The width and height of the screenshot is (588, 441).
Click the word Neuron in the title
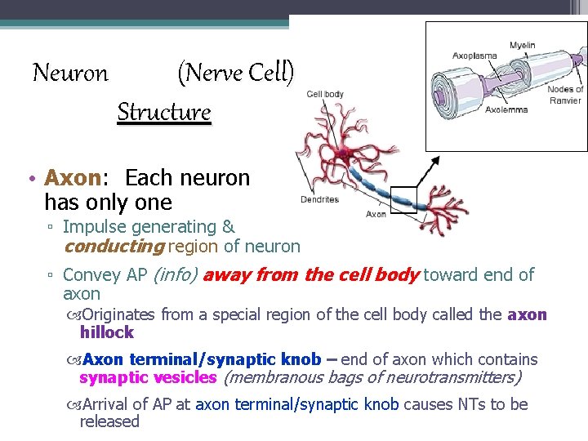tap(70, 73)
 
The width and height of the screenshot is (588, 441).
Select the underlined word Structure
tap(164, 112)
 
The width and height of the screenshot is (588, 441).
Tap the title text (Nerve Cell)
tap(235, 73)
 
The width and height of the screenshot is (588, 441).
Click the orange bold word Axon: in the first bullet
tap(79, 178)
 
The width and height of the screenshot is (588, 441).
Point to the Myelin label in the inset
tap(523, 45)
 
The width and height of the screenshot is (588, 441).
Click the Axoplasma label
tap(474, 56)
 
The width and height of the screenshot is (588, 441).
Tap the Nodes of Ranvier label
tap(565, 94)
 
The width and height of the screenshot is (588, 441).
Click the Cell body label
tap(325, 94)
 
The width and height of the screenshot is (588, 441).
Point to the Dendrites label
tap(319, 199)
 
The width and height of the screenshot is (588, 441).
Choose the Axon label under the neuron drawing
tap(376, 214)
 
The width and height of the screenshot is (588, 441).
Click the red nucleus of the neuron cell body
tap(344, 153)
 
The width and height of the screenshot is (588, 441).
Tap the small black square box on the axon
tap(403, 199)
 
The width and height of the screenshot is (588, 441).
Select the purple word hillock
tap(106, 332)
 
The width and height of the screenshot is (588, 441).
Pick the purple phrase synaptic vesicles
tap(148, 377)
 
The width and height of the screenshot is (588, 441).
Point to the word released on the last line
tap(109, 421)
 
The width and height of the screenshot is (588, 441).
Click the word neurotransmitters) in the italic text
tap(457, 377)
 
